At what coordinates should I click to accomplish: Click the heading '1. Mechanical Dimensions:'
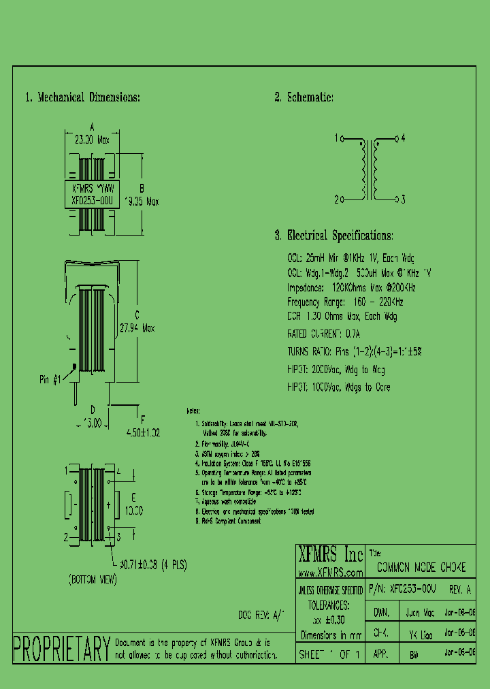82,97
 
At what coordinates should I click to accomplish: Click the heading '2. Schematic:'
304,97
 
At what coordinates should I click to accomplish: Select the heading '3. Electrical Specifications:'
333,236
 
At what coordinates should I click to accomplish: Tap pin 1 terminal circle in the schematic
344,139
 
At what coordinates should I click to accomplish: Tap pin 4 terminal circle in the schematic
395,139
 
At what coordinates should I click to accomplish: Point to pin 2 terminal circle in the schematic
344,199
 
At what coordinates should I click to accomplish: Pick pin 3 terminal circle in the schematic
395,199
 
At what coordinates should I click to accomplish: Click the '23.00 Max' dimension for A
92,138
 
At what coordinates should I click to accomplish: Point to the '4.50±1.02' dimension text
144,431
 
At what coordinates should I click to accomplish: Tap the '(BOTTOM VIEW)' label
92,580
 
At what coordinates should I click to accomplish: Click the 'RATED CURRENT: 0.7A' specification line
323,334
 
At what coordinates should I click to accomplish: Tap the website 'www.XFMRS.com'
330,573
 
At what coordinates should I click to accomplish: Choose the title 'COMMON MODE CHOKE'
421,567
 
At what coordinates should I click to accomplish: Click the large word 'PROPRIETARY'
62,648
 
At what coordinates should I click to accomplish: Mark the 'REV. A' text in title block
460,590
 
